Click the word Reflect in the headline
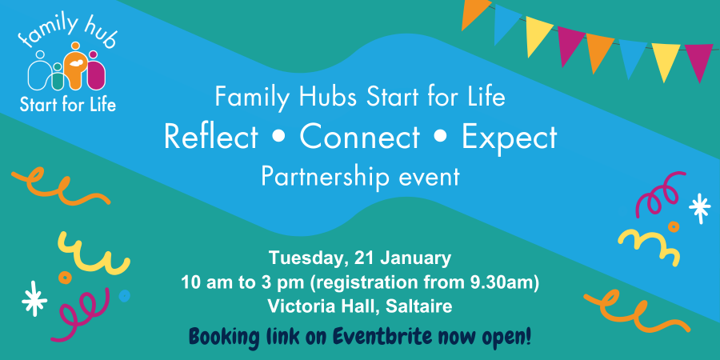(211, 137)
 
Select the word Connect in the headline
(359, 137)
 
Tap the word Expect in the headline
(509, 137)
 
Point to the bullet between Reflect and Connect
(278, 138)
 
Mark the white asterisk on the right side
(700, 208)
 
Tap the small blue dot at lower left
(124, 296)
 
